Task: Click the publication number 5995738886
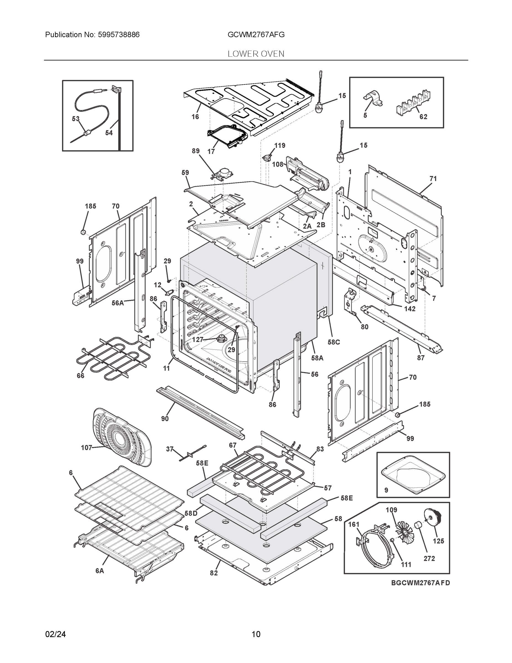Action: coord(119,35)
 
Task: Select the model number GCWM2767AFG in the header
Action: coord(256,35)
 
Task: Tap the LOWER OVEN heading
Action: coord(256,54)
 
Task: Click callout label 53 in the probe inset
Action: coord(76,119)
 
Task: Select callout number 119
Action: coord(280,145)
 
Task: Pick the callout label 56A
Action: coord(118,303)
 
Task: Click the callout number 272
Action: coord(429,559)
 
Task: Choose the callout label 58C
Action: coord(334,342)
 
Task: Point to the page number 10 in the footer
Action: coord(256,634)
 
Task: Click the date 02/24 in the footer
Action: coord(55,634)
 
